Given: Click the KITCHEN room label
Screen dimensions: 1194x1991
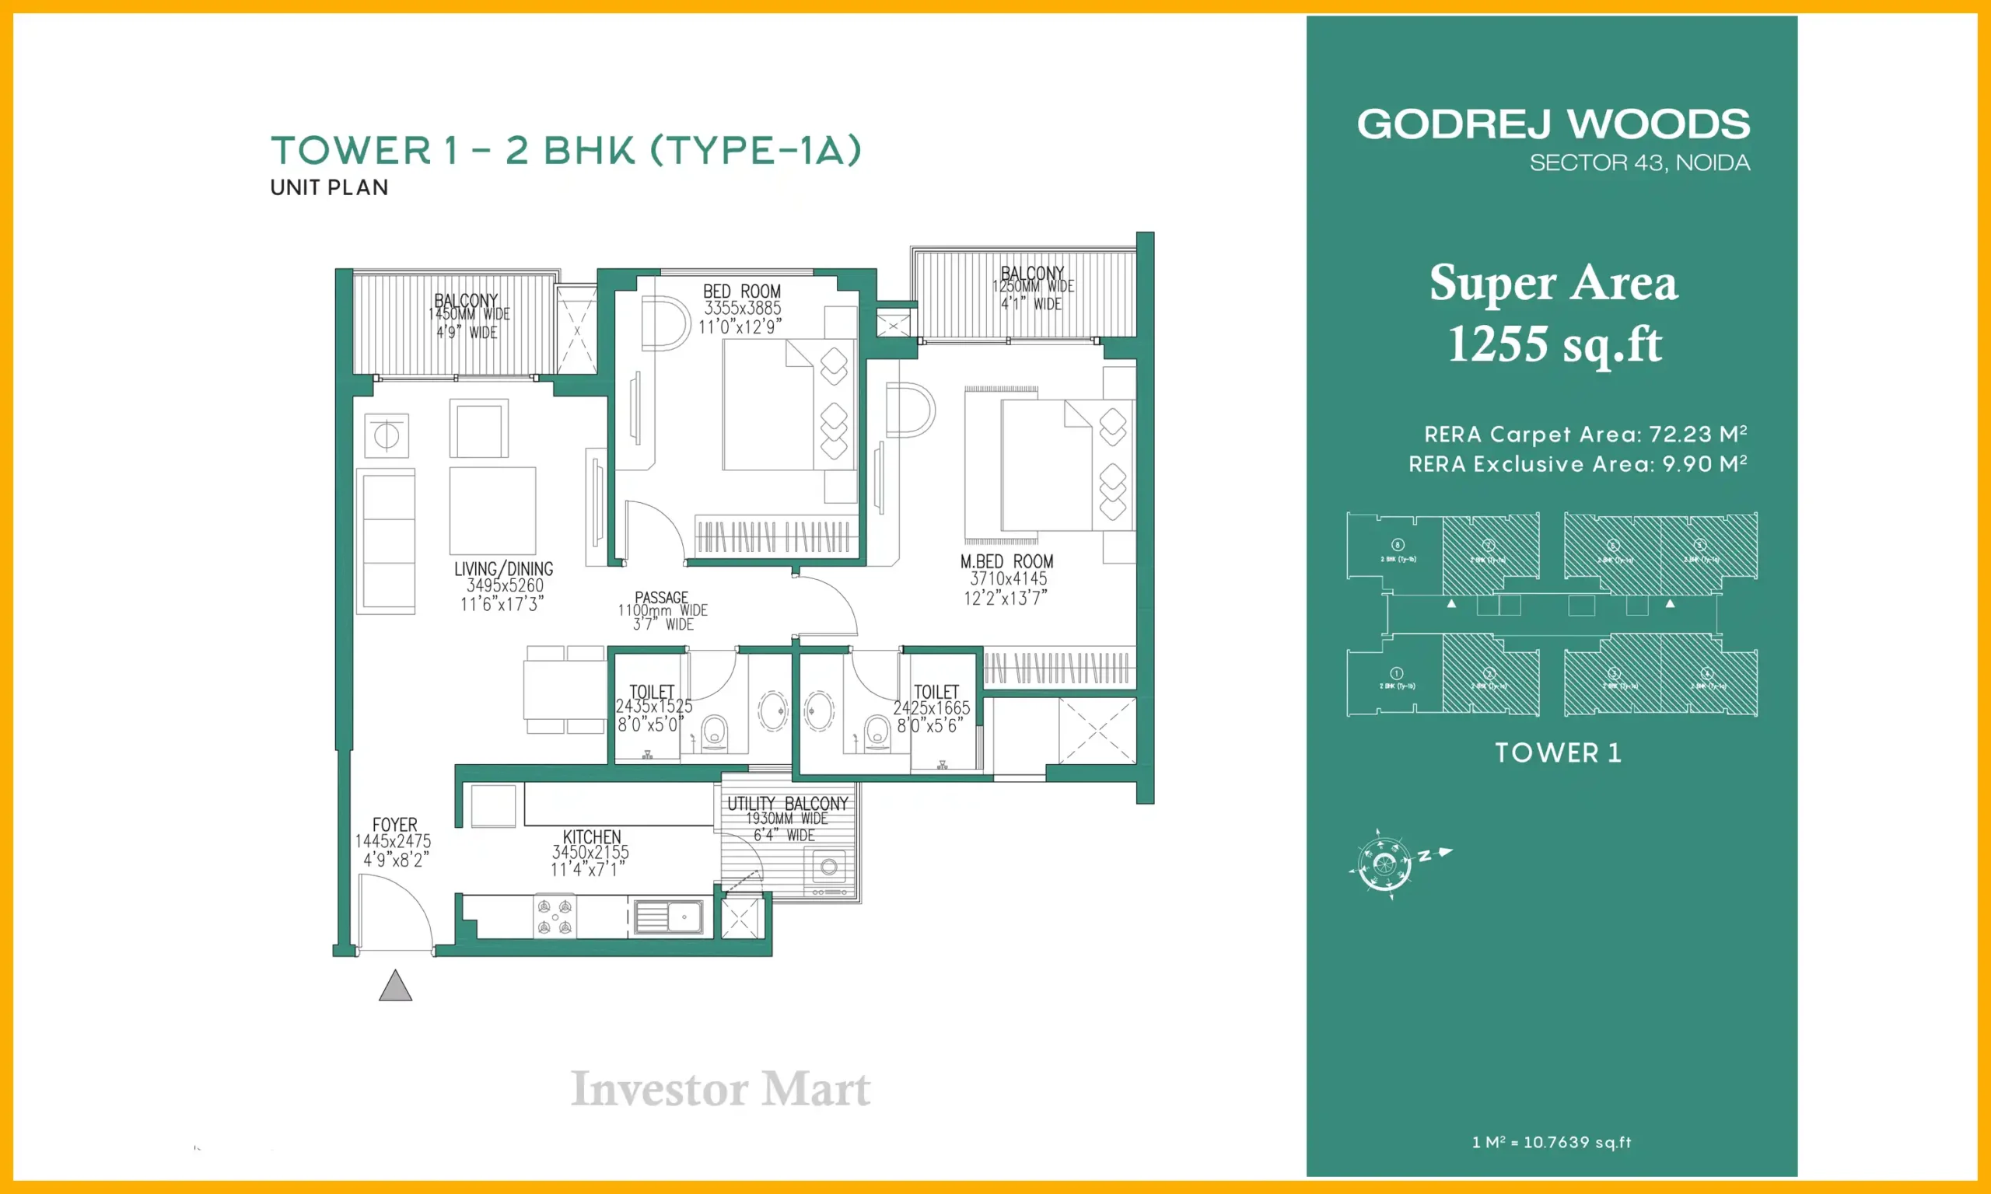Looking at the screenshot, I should pyautogui.click(x=592, y=836).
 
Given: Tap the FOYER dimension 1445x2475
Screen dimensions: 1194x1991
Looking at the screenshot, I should pyautogui.click(x=393, y=841).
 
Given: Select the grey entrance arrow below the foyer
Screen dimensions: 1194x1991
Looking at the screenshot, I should pyautogui.click(x=395, y=986).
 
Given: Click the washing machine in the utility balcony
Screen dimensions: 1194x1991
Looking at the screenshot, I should pyautogui.click(x=828, y=868).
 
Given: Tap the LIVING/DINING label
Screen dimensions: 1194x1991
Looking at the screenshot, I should pyautogui.click(x=504, y=569).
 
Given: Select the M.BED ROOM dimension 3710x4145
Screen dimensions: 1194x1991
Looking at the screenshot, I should pyautogui.click(x=1009, y=578).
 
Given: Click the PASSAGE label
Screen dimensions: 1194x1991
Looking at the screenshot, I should pyautogui.click(x=662, y=597).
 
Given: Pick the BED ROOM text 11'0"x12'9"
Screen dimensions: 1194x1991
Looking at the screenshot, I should pyautogui.click(x=740, y=326).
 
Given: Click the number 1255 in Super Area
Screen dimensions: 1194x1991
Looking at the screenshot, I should pyautogui.click(x=1497, y=344).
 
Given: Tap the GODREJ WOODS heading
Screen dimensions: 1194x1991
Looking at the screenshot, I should pyautogui.click(x=1553, y=124).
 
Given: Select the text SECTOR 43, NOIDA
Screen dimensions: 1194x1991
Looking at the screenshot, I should pyautogui.click(x=1639, y=163).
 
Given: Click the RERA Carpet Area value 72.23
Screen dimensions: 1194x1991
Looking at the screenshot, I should pyautogui.click(x=1680, y=435).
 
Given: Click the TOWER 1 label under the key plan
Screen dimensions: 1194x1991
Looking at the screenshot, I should pyautogui.click(x=1558, y=753).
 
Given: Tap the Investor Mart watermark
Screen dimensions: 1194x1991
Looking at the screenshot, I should pyautogui.click(x=720, y=1089).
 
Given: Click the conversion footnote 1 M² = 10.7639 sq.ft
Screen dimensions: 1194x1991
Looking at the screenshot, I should pyautogui.click(x=1551, y=1143).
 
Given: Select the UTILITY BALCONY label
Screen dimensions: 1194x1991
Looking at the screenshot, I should pyautogui.click(x=787, y=804).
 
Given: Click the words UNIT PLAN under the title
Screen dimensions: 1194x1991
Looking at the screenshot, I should pyautogui.click(x=329, y=187).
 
